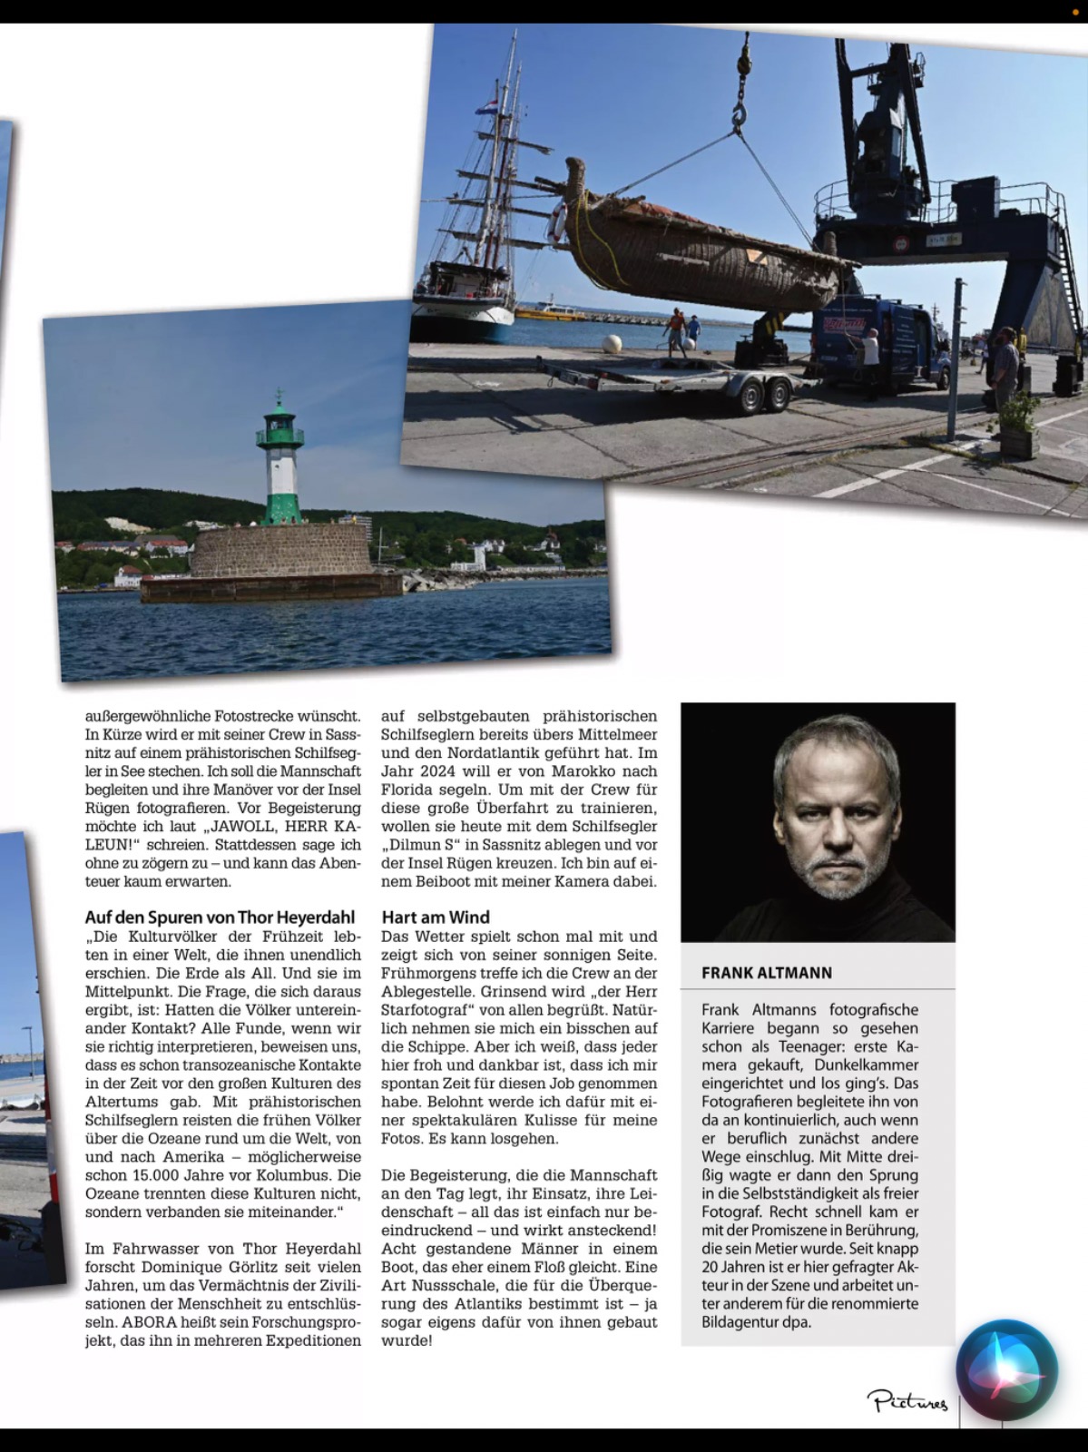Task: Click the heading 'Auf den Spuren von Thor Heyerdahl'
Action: (x=220, y=917)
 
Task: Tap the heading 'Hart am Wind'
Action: (x=436, y=917)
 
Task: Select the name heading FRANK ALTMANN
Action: (x=767, y=972)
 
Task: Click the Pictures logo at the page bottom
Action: (x=907, y=1402)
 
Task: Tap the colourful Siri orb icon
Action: (x=1007, y=1370)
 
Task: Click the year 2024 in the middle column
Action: (x=430, y=771)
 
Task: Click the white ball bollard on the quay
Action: (x=613, y=343)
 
